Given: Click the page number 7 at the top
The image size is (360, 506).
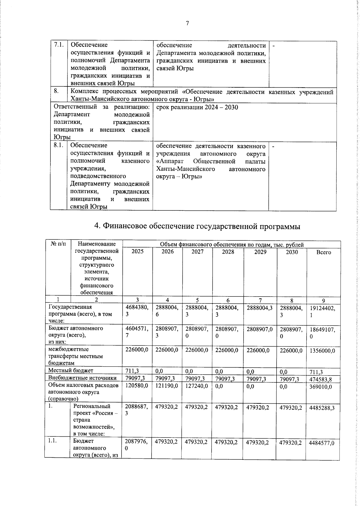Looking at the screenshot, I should pos(187,23).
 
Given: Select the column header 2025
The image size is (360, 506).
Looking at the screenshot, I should pos(137,252).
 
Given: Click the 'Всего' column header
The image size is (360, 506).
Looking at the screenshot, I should pos(324,252).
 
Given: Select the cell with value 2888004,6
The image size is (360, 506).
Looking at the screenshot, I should pos(167,311).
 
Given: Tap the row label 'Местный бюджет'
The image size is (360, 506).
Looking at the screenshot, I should pos(71,371).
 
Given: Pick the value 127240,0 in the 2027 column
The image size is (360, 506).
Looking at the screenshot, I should pos(197,386).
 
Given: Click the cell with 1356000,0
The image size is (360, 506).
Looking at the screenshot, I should pos(322,351).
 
